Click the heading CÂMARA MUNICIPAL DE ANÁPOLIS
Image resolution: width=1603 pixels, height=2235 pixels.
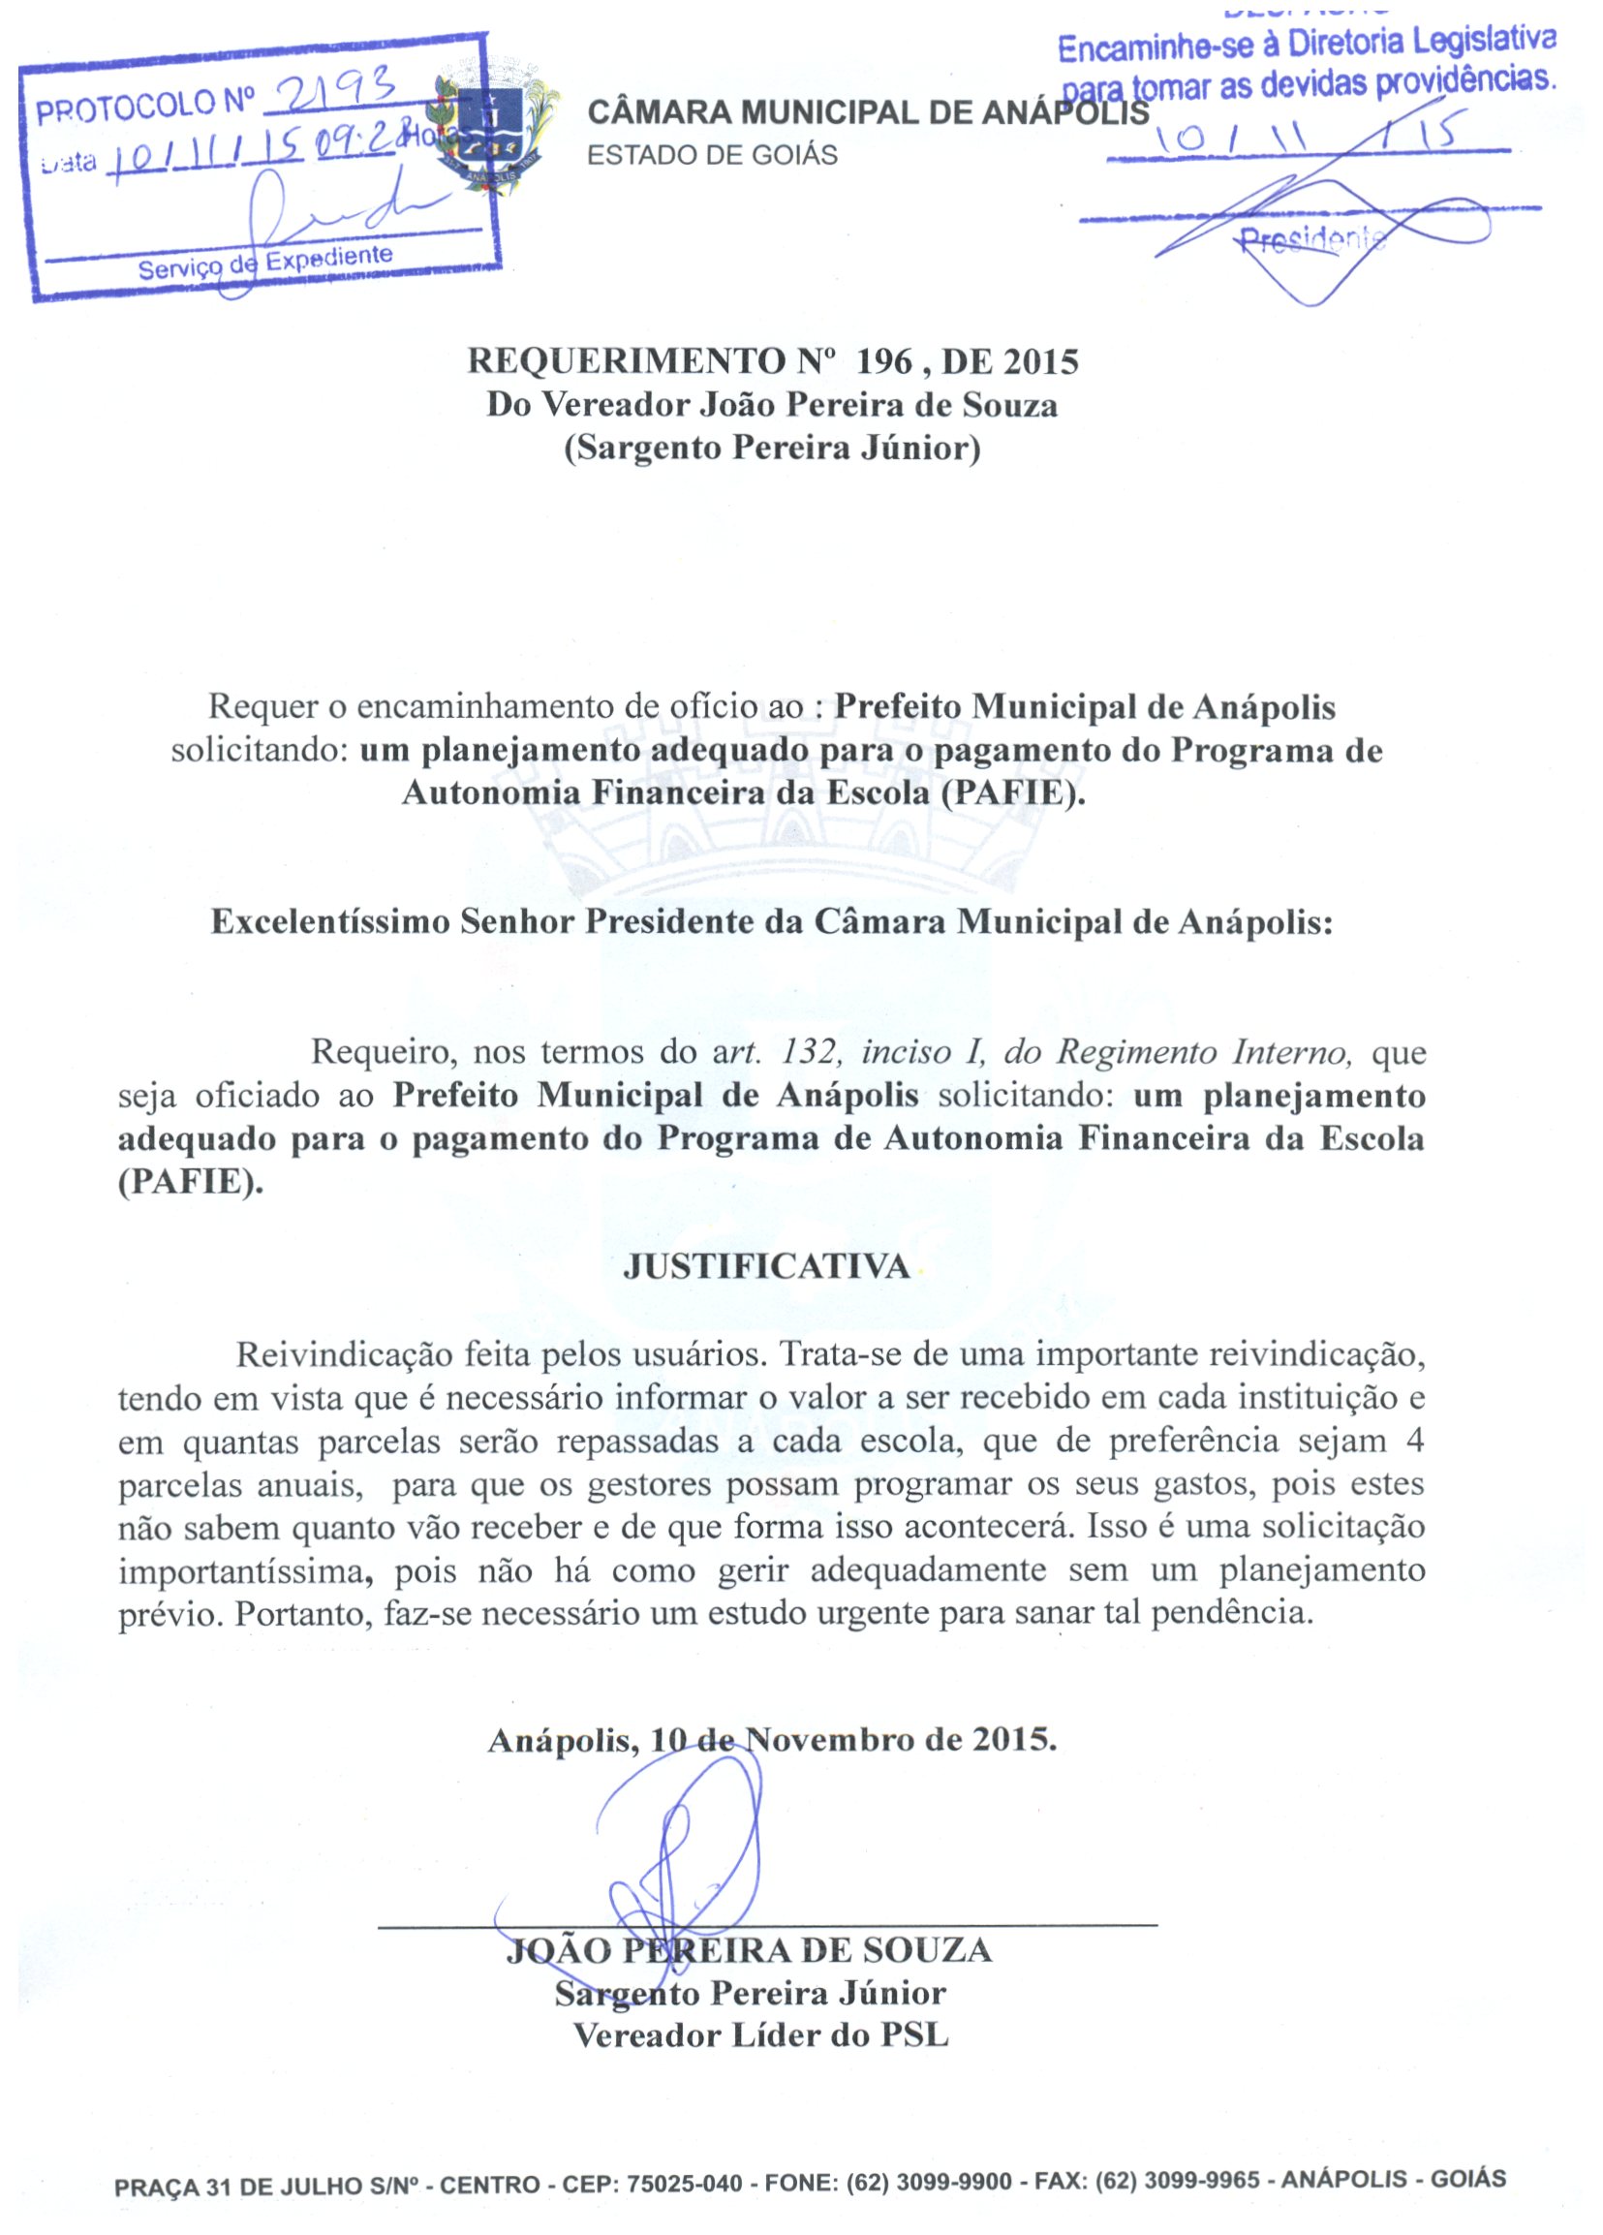coord(867,113)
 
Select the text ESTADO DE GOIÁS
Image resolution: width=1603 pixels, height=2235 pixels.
coord(711,156)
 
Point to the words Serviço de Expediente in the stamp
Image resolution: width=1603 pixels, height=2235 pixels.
coord(265,262)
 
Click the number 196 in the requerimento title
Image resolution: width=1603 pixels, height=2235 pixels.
coord(885,361)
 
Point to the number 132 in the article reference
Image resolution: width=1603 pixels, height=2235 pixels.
coord(809,1052)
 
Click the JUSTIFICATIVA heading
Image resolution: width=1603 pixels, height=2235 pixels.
coord(766,1266)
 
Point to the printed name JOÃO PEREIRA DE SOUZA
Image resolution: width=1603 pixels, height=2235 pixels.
coord(749,1949)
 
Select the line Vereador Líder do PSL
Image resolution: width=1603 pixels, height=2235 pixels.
coord(760,2035)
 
